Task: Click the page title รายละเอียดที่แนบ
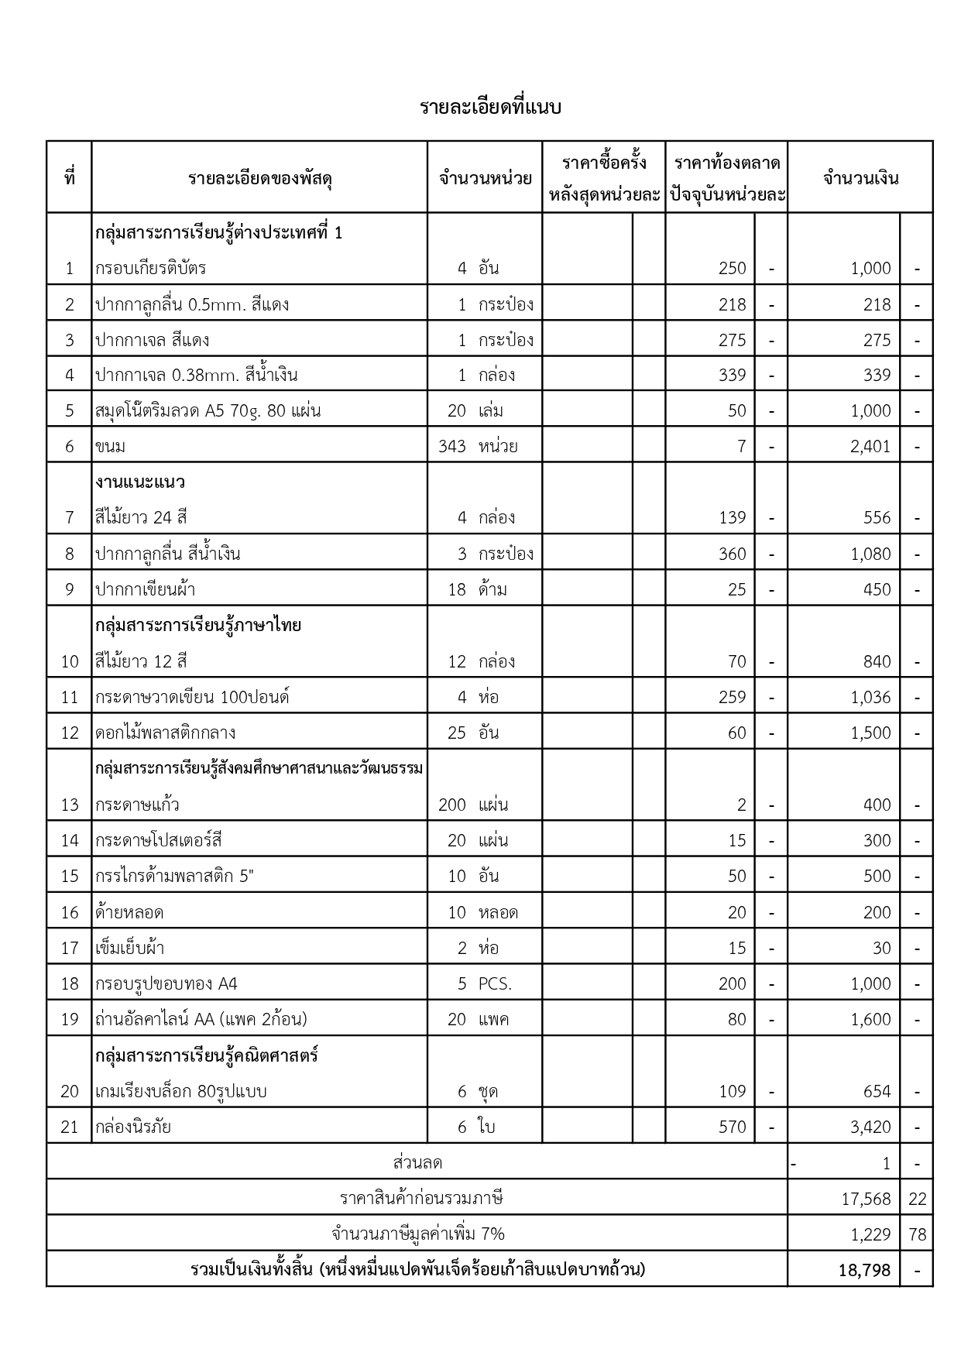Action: coord(490,107)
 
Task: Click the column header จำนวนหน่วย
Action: coord(485,178)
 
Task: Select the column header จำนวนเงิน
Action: coord(860,178)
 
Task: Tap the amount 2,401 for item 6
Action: coord(870,447)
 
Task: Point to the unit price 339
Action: coord(732,376)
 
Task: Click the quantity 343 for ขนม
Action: coord(451,447)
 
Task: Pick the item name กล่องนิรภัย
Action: coord(133,1127)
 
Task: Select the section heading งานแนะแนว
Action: coord(140,482)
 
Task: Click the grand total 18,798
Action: coord(864,1271)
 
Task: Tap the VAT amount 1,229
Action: coord(870,1234)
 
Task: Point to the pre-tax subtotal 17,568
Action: coord(866,1199)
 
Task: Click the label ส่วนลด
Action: coord(417,1163)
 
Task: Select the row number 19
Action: coord(70,1020)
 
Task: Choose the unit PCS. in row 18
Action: coord(495,984)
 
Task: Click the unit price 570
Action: coord(732,1127)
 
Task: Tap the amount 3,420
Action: coord(870,1127)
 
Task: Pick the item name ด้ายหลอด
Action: coord(129,912)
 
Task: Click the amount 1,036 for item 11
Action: coord(870,697)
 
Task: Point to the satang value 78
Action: coord(917,1234)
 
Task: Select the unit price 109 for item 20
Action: coord(732,1091)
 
